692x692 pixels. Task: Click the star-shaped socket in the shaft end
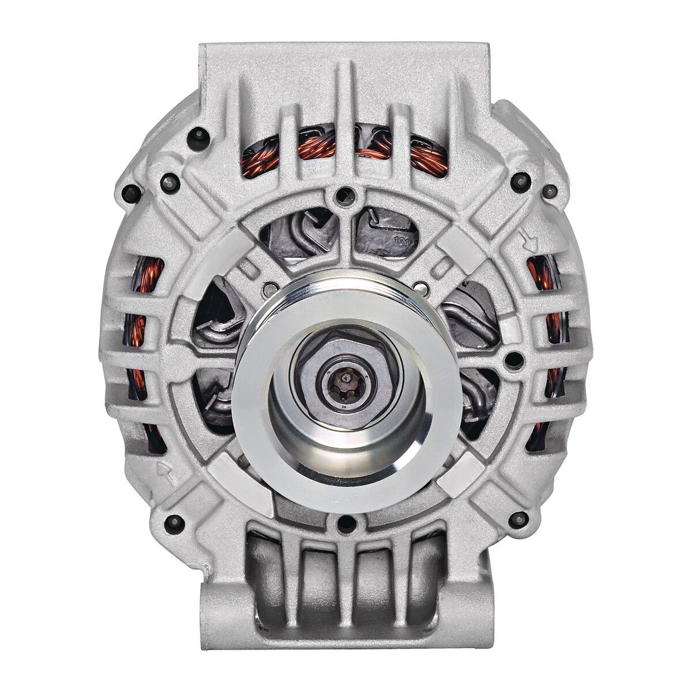click(345, 382)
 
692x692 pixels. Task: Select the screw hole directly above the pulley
click(345, 197)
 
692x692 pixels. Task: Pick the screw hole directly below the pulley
click(346, 523)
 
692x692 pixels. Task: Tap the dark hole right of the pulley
click(514, 360)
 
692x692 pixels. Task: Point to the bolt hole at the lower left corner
click(174, 523)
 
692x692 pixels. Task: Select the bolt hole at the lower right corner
click(518, 520)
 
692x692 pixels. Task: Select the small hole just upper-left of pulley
click(271, 289)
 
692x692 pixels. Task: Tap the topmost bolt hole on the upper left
click(198, 138)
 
